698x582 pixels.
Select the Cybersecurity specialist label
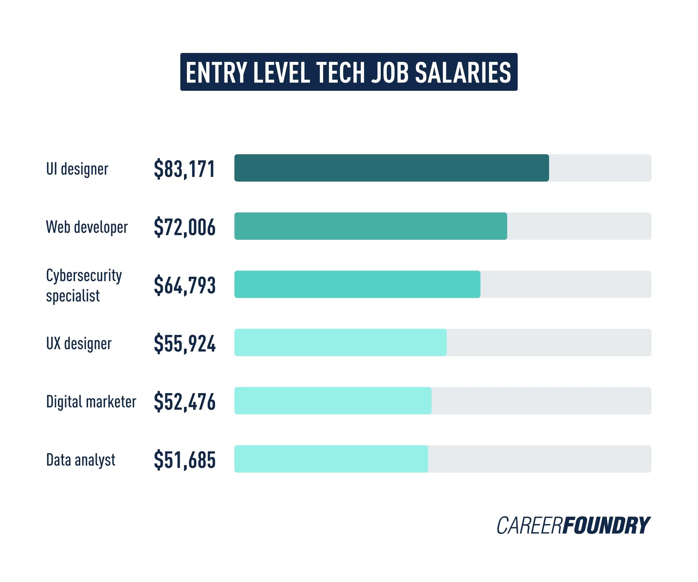coord(84,285)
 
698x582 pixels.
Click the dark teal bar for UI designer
coord(391,168)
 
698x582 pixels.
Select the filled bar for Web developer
coord(371,226)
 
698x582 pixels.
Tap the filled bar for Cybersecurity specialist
coord(357,284)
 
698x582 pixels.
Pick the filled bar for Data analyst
coord(331,459)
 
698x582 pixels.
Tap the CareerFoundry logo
coord(573,526)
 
